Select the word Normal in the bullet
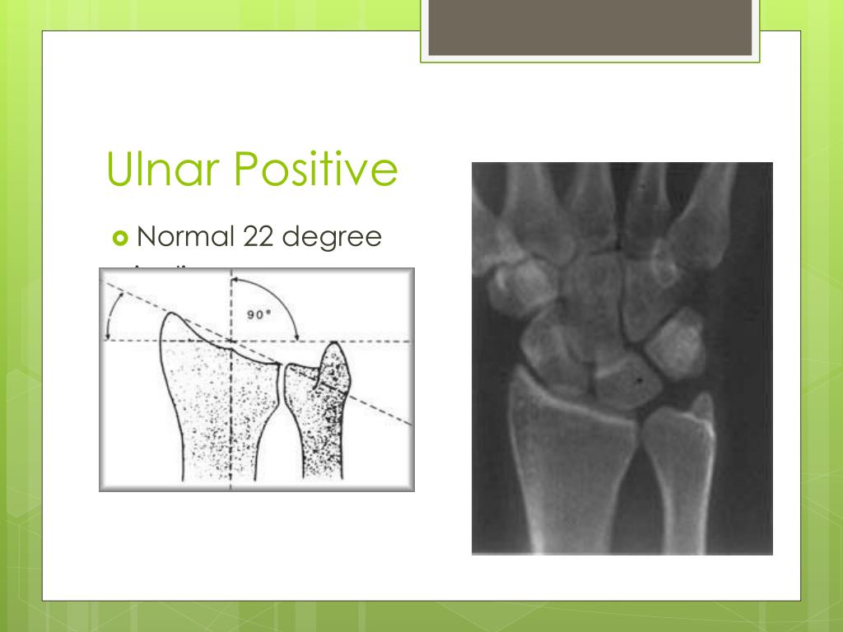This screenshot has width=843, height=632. [185, 237]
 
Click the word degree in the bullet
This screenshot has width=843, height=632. [333, 239]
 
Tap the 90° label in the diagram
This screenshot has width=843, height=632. [258, 314]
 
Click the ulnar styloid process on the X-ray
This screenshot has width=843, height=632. [702, 407]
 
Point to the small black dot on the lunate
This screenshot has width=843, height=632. [640, 380]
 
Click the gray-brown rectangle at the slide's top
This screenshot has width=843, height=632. [590, 26]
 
